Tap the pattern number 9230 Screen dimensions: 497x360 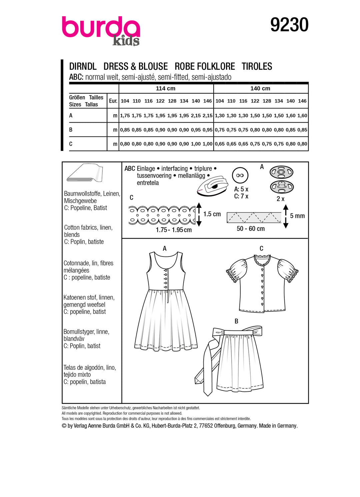click(x=289, y=25)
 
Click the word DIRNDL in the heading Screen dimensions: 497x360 click(x=83, y=66)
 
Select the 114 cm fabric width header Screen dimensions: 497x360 click(x=165, y=88)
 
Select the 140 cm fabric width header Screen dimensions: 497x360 click(x=260, y=88)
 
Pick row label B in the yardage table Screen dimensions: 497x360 click(x=71, y=130)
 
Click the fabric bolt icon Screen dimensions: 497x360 click(x=85, y=173)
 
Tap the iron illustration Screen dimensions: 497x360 click(x=212, y=186)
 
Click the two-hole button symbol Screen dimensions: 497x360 click(x=240, y=175)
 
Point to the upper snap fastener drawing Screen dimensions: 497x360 click(x=282, y=172)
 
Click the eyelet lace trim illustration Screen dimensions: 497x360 click(x=162, y=215)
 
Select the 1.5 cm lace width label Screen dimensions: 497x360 click(x=212, y=214)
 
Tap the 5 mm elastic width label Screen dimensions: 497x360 click(x=297, y=216)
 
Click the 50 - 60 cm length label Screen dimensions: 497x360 click(x=251, y=229)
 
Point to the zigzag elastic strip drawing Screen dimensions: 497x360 click(x=254, y=217)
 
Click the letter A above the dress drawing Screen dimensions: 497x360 click(x=165, y=248)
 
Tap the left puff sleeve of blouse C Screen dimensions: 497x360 click(x=236, y=270)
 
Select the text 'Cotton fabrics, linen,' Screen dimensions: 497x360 click(x=88, y=228)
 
